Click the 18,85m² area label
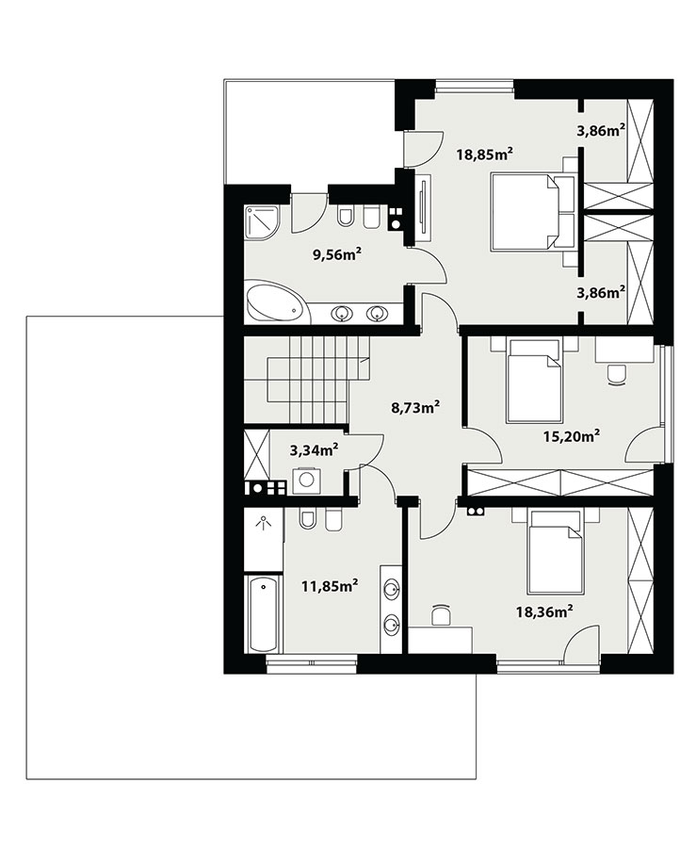click(x=484, y=155)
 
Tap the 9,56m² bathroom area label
click(x=337, y=254)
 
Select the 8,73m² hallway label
click(x=414, y=407)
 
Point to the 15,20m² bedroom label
click(x=572, y=435)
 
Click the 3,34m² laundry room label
click(x=314, y=449)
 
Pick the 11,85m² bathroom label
click(x=331, y=585)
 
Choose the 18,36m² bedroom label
click(x=544, y=612)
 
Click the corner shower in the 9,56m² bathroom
click(x=262, y=220)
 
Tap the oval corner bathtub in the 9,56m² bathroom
click(x=277, y=302)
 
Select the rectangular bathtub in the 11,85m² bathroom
click(x=264, y=613)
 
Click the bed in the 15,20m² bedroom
click(x=534, y=381)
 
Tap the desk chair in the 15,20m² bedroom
click(x=616, y=374)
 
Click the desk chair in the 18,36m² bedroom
click(x=441, y=615)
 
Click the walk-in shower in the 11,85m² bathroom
click(x=263, y=539)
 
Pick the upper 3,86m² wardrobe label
click(x=601, y=129)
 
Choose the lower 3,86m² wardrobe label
click(x=601, y=292)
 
